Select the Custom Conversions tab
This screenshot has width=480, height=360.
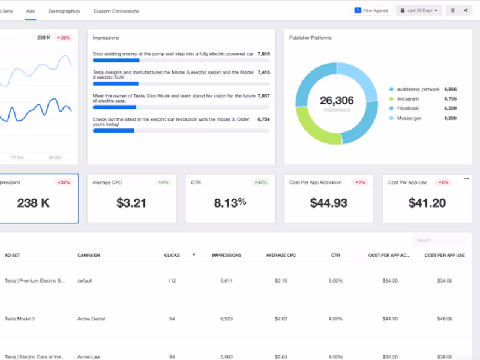click(x=116, y=11)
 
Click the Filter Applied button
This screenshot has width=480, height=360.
click(x=371, y=10)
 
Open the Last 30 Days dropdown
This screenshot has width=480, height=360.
click(x=419, y=10)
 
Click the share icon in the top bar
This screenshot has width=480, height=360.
click(x=466, y=10)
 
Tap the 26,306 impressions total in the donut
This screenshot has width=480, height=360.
click(x=337, y=101)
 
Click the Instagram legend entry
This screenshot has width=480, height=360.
click(x=408, y=98)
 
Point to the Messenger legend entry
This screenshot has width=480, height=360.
click(x=409, y=118)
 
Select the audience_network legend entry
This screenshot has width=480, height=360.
click(x=414, y=88)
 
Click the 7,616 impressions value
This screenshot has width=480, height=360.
click(x=263, y=53)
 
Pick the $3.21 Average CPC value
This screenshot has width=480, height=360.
click(x=131, y=203)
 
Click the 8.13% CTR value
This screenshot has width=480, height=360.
click(x=230, y=203)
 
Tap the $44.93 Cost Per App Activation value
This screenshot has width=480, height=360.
click(x=329, y=203)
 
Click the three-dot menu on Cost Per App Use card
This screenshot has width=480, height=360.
click(x=466, y=178)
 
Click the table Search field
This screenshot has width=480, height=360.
click(x=439, y=240)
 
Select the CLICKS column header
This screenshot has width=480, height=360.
click(x=172, y=255)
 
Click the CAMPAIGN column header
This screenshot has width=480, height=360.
click(x=89, y=255)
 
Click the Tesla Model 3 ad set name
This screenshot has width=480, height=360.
click(x=20, y=319)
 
